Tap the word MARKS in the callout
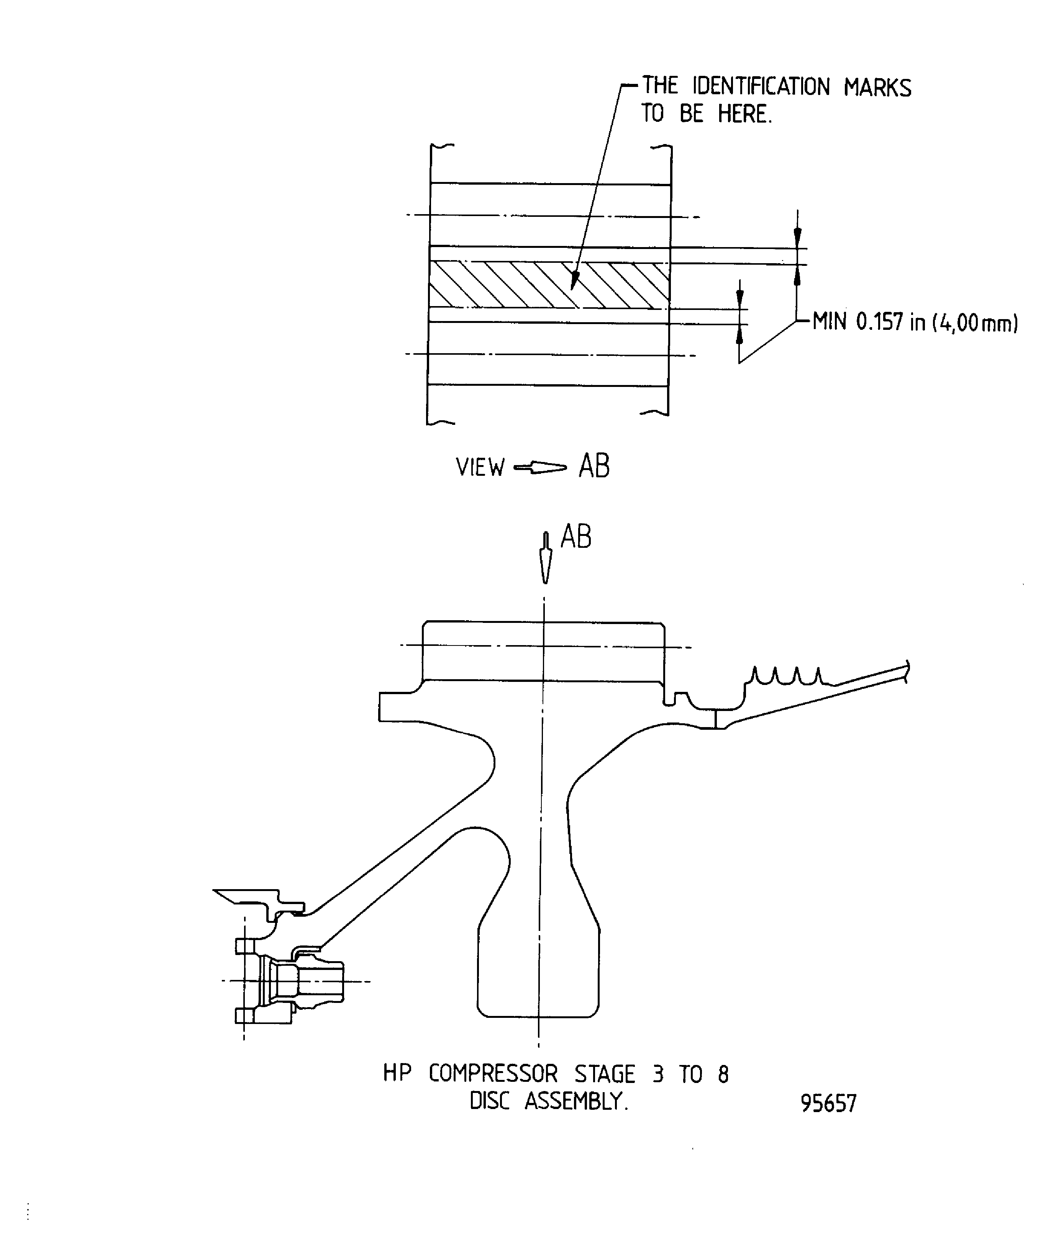click(x=877, y=87)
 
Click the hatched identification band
click(x=549, y=285)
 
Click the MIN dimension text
click(x=829, y=322)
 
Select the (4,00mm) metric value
click(x=975, y=323)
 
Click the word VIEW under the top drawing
click(x=480, y=467)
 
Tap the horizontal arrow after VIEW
click(x=540, y=468)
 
